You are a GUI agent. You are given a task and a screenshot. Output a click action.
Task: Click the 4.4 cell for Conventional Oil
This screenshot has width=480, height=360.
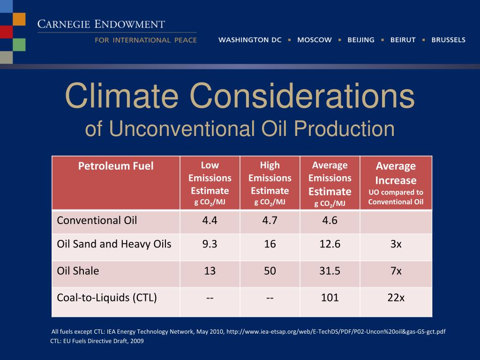pyautogui.click(x=210, y=220)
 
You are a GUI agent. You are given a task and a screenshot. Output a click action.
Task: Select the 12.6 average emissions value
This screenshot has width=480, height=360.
pyautogui.click(x=330, y=244)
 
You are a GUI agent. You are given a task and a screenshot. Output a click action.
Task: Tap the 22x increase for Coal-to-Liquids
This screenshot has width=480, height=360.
pyautogui.click(x=396, y=298)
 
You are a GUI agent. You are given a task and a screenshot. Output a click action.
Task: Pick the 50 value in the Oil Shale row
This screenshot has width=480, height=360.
pyautogui.click(x=270, y=271)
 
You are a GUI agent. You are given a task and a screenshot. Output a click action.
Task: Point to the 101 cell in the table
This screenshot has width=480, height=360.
pyautogui.click(x=330, y=298)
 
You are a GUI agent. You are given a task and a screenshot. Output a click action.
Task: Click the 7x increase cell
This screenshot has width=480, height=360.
pyautogui.click(x=396, y=271)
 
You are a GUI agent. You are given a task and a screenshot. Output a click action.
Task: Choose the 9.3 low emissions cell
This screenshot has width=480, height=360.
pyautogui.click(x=210, y=244)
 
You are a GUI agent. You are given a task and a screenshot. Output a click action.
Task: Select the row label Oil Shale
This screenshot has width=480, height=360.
pyautogui.click(x=78, y=271)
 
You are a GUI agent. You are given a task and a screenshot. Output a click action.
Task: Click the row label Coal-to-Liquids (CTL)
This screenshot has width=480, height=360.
pyautogui.click(x=107, y=298)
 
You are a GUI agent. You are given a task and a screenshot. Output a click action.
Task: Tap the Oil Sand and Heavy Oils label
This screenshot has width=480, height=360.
pyautogui.click(x=114, y=244)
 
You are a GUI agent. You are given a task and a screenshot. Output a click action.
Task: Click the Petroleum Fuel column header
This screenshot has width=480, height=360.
pyautogui.click(x=116, y=166)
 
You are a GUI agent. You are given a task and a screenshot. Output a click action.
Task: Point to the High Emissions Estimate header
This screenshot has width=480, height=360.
pyautogui.click(x=270, y=183)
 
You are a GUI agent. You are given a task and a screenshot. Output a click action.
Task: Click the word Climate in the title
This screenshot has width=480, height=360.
pyautogui.click(x=121, y=96)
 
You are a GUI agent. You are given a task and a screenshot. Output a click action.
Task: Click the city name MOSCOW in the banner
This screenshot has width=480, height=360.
pyautogui.click(x=314, y=40)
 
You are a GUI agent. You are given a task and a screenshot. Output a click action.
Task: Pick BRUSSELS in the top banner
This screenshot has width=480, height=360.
pyautogui.click(x=448, y=40)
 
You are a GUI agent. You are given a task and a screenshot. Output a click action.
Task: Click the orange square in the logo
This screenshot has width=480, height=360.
pyautogui.click(x=19, y=19)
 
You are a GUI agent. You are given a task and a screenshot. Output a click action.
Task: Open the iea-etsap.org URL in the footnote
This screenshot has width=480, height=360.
pyautogui.click(x=336, y=332)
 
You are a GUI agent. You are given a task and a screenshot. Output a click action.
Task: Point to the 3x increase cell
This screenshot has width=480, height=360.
pyautogui.click(x=396, y=244)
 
